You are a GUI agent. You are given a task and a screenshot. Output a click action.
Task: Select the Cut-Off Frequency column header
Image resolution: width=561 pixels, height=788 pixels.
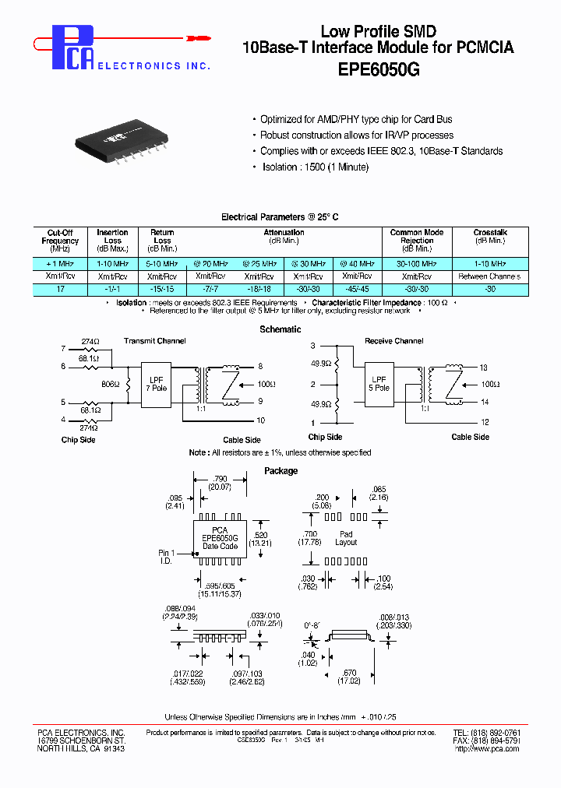(60, 241)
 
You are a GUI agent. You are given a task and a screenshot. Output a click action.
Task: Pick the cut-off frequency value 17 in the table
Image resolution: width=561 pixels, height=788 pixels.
(60, 289)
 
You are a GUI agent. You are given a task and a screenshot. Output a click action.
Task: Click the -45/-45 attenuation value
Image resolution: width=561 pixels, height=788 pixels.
(358, 289)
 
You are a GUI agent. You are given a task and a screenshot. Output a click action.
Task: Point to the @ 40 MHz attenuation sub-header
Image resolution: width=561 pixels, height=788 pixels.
(358, 265)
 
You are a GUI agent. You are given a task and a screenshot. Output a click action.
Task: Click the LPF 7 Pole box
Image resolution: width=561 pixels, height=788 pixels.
(158, 383)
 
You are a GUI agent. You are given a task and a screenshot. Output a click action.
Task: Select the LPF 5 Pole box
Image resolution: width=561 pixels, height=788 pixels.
(380, 383)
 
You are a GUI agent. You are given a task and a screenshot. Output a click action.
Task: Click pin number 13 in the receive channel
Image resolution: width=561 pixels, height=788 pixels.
(483, 367)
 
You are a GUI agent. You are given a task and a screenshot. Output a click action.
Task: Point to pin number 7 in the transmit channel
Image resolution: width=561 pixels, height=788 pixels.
(63, 348)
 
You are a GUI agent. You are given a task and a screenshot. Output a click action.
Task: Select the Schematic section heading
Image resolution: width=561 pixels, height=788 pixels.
(280, 329)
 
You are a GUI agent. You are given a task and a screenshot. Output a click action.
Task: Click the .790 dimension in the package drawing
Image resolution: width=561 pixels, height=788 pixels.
(221, 480)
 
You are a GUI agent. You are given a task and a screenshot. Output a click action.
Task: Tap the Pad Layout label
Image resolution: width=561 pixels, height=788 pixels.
(346, 537)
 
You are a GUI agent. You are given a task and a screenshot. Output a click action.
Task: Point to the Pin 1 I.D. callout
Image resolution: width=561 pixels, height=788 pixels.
(166, 557)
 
